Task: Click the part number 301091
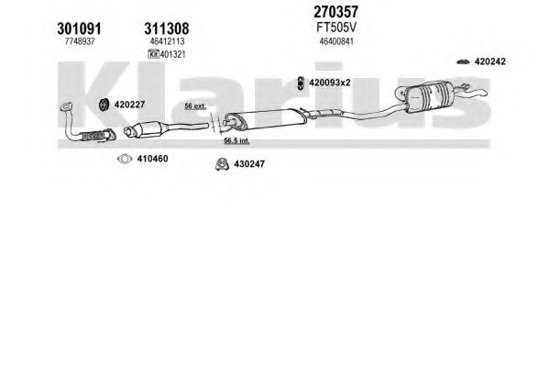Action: click(x=79, y=28)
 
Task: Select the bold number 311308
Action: click(x=167, y=28)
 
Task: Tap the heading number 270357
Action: click(x=335, y=12)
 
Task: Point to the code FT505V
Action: click(x=336, y=28)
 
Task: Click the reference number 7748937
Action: click(x=80, y=41)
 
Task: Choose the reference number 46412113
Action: click(x=167, y=41)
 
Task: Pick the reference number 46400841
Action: click(x=336, y=41)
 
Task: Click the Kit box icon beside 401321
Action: click(x=153, y=54)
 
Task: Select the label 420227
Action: click(x=129, y=105)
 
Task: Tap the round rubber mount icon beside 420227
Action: click(x=104, y=105)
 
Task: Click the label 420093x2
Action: click(x=329, y=83)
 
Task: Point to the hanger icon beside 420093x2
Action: click(x=301, y=83)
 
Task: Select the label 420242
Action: click(x=489, y=61)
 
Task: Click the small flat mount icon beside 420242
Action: click(x=463, y=62)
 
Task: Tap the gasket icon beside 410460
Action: click(x=125, y=159)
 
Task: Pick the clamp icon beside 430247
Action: click(x=222, y=164)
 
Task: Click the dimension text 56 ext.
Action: click(x=195, y=106)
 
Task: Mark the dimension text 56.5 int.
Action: click(x=236, y=141)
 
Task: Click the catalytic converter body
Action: click(x=147, y=129)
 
